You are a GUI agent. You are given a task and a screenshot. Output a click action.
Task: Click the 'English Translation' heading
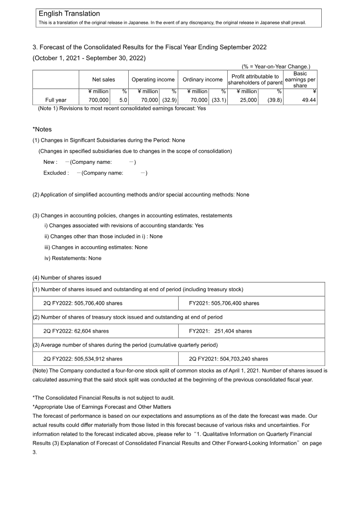pyautogui.click(x=69, y=14)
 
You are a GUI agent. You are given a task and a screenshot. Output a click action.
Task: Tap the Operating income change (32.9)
pyautogui.click(x=169, y=100)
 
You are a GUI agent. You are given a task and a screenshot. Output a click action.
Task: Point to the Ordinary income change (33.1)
pyautogui.click(x=219, y=100)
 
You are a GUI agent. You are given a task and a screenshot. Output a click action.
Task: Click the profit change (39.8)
pyautogui.click(x=274, y=100)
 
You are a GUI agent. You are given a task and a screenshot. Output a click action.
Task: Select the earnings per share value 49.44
pyautogui.click(x=306, y=100)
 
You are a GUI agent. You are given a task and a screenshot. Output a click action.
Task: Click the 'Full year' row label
pyautogui.click(x=56, y=100)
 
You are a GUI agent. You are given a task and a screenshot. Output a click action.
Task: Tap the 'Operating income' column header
pyautogui.click(x=153, y=80)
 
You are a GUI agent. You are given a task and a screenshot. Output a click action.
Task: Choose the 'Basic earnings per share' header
pyautogui.click(x=300, y=80)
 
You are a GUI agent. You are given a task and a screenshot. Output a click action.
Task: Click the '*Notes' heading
pyautogui.click(x=42, y=130)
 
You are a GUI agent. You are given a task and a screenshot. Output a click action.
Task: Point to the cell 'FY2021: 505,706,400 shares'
pyautogui.click(x=224, y=303)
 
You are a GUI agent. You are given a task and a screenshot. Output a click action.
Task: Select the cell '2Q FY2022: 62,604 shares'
pyautogui.click(x=76, y=331)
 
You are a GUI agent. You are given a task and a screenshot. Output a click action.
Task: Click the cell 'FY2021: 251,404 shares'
pyautogui.click(x=220, y=331)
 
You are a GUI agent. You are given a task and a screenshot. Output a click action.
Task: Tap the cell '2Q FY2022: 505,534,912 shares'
pyautogui.click(x=83, y=359)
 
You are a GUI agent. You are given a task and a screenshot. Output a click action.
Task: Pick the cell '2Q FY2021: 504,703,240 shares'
pyautogui.click(x=229, y=359)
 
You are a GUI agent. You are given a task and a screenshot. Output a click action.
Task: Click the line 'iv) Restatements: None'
pyautogui.click(x=73, y=258)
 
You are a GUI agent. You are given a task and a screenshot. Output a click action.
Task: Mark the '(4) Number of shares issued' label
pyautogui.click(x=67, y=278)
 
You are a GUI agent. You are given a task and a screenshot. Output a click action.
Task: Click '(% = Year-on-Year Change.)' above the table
pyautogui.click(x=276, y=67)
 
